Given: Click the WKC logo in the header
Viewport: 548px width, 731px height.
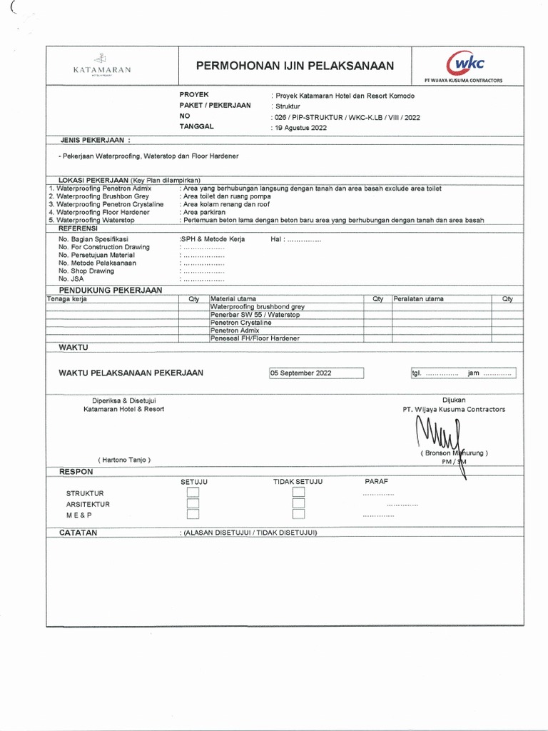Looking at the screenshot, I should pos(462,65).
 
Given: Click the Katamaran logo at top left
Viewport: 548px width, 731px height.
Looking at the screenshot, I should pos(102,66).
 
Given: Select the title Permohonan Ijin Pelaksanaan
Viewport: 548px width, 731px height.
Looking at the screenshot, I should pos(295,66).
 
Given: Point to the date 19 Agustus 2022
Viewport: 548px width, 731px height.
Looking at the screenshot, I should pos(300,128).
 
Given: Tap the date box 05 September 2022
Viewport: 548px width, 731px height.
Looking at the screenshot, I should pos(316,373).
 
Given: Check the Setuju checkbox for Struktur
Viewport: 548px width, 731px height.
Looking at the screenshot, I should pos(193,493).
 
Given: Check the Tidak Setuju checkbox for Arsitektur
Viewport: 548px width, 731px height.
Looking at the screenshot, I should pos(298,503).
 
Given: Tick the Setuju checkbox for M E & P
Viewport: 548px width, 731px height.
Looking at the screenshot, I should pos(193,514).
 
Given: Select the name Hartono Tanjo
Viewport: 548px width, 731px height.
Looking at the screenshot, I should pos(125,460).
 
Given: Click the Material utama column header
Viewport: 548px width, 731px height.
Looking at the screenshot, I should pos(233,299).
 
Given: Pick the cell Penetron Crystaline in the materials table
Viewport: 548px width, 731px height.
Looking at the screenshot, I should pos(240,323).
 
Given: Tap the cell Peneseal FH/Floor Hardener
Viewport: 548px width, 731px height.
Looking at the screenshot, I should pos(255,338).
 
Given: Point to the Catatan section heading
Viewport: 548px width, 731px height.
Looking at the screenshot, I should pos(78,533).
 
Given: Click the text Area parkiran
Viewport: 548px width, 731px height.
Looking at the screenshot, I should pos(204,212).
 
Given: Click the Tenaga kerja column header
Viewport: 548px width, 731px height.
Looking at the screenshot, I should pos(67,299).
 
